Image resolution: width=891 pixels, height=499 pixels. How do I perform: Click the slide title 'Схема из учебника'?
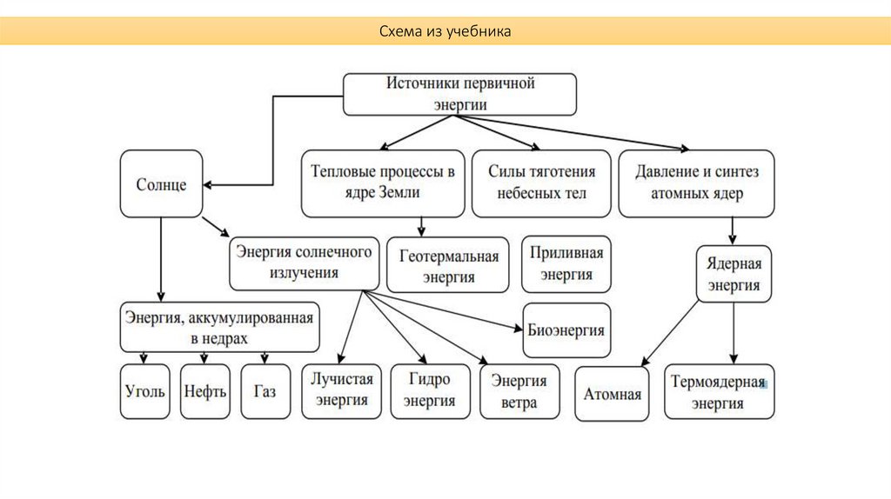tap(445, 31)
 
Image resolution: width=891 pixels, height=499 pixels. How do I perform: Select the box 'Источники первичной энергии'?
tap(459, 94)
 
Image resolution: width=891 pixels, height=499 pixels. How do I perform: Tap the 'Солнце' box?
tap(161, 184)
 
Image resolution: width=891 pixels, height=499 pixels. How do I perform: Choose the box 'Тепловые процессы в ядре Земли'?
tap(383, 183)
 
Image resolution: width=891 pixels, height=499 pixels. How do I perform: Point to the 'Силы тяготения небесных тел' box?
tap(541, 183)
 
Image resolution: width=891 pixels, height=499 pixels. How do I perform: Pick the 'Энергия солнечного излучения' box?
tap(304, 263)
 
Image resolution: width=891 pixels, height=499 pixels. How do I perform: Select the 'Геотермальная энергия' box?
tap(448, 266)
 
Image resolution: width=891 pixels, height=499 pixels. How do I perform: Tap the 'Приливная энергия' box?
tap(566, 263)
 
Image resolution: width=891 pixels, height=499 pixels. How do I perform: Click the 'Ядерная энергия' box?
tap(734, 274)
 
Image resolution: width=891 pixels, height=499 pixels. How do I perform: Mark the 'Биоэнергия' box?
tap(566, 330)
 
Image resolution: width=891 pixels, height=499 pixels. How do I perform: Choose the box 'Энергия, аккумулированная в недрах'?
tap(218, 326)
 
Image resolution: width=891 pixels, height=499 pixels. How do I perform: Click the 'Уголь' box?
tap(144, 391)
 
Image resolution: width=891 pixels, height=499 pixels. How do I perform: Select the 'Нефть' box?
tap(205, 391)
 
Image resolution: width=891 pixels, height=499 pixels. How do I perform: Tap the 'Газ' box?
tap(265, 391)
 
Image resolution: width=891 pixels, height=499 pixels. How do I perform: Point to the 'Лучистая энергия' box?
tap(341, 390)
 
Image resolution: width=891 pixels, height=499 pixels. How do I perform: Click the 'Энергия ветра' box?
tap(519, 391)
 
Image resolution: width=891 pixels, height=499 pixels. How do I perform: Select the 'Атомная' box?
tap(613, 394)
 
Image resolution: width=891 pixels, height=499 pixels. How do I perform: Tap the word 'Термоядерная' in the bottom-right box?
tap(719, 383)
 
